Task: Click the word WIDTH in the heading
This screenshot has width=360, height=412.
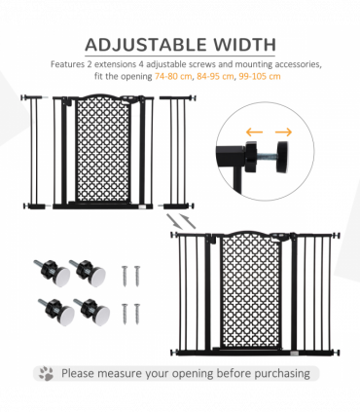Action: (x=239, y=45)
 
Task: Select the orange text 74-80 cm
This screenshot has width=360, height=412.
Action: (x=173, y=77)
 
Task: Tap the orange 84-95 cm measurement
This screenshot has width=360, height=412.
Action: (x=215, y=77)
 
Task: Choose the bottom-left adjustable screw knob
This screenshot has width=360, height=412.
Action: (x=50, y=308)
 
